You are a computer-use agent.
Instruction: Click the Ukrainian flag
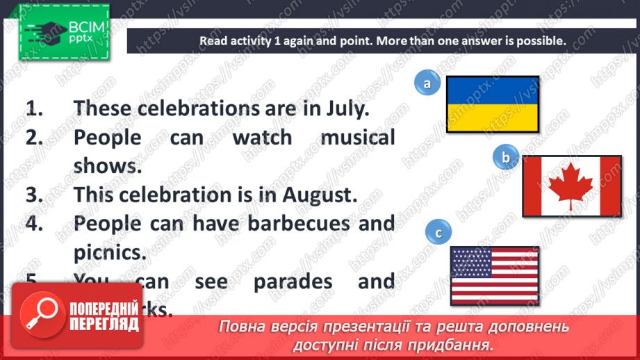[x=492, y=104]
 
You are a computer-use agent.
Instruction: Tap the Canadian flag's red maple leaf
[x=571, y=186]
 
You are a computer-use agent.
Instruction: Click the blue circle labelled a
[x=427, y=84]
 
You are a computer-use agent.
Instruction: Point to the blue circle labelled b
[x=506, y=158]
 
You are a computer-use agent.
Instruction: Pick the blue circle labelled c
[x=438, y=234]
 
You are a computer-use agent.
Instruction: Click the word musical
[x=357, y=137]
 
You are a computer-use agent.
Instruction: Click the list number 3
[x=34, y=194]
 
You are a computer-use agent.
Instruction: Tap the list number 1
[x=34, y=108]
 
